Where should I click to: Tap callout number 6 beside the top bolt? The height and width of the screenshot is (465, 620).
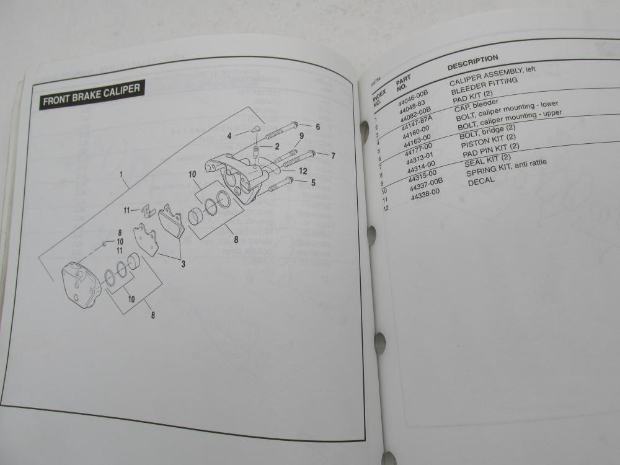tap(317, 126)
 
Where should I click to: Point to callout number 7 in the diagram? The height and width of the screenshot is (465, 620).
tap(333, 155)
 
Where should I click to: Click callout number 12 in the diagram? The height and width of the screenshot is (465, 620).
tap(303, 170)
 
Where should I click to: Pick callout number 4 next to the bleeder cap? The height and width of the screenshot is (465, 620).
tap(229, 135)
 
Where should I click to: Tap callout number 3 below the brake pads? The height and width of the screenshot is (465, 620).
tap(183, 265)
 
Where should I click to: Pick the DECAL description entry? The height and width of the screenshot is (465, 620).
tap(481, 180)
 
